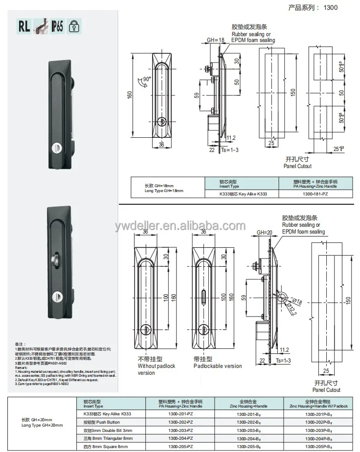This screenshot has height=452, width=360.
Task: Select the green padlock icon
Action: (73, 26)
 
